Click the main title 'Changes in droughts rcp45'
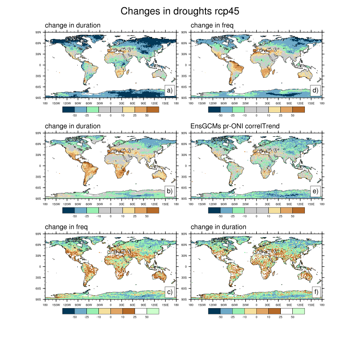point(180,11)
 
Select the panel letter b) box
point(169,191)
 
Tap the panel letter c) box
point(169,292)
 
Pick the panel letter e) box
point(315,191)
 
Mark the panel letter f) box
point(315,292)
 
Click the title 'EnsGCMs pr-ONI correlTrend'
point(238,126)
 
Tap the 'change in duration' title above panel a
point(72,25)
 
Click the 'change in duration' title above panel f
point(218,227)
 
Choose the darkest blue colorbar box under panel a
point(69,109)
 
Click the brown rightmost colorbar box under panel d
point(299,109)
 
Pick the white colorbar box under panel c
point(141,311)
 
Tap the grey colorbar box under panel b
point(105,210)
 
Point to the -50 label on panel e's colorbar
point(220,216)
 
